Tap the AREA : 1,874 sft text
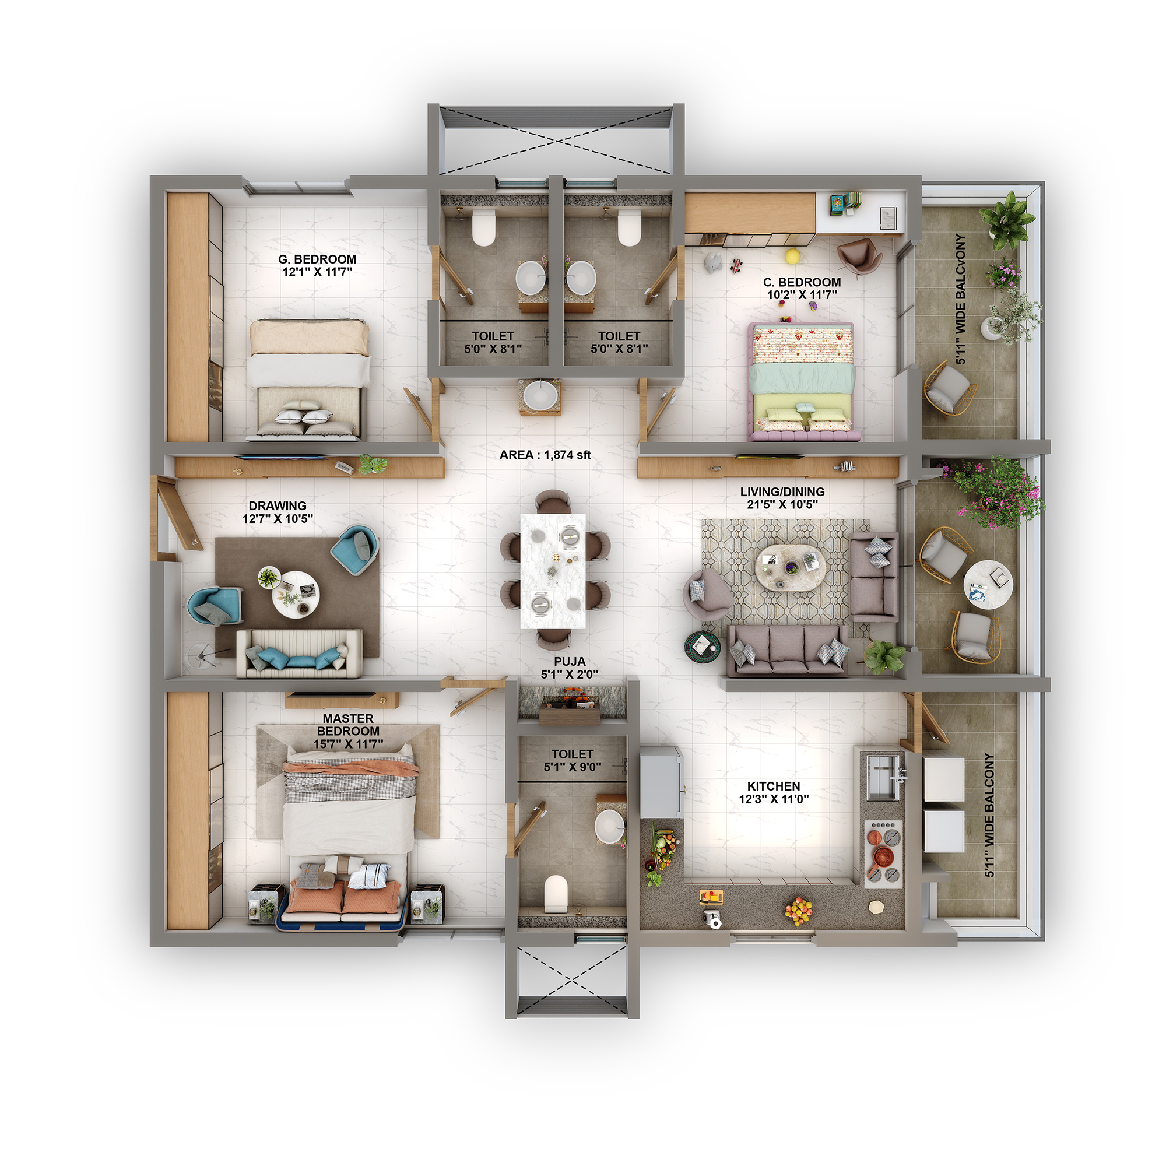tap(545, 455)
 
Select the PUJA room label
tap(569, 662)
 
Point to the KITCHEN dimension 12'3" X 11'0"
tap(773, 799)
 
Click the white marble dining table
tap(553, 570)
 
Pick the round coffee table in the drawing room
tap(295, 594)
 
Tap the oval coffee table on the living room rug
tap(789, 568)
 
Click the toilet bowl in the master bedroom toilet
tap(556, 893)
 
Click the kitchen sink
tap(881, 776)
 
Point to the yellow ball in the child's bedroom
tap(792, 256)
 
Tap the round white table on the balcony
tap(988, 585)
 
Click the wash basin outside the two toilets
tap(540, 396)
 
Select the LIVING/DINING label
tap(782, 492)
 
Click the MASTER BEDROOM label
tap(348, 724)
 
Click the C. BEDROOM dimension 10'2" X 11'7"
tap(802, 295)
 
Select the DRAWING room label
tap(278, 505)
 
